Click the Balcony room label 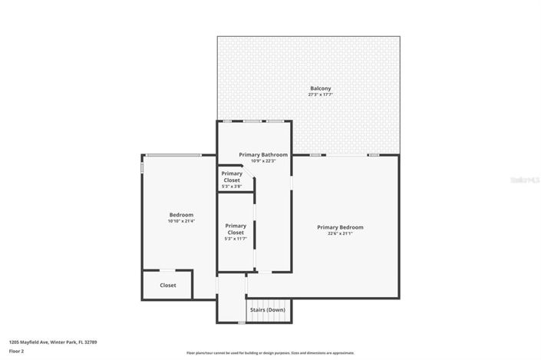[320, 89]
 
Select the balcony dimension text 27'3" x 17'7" [320, 94]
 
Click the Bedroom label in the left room [181, 215]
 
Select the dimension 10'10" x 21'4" [181, 221]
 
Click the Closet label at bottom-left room [168, 286]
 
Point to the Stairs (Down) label [268, 309]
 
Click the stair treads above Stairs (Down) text [268, 300]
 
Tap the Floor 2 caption [16, 351]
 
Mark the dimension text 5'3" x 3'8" [232, 187]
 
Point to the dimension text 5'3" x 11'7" [236, 239]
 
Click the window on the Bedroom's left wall [142, 165]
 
